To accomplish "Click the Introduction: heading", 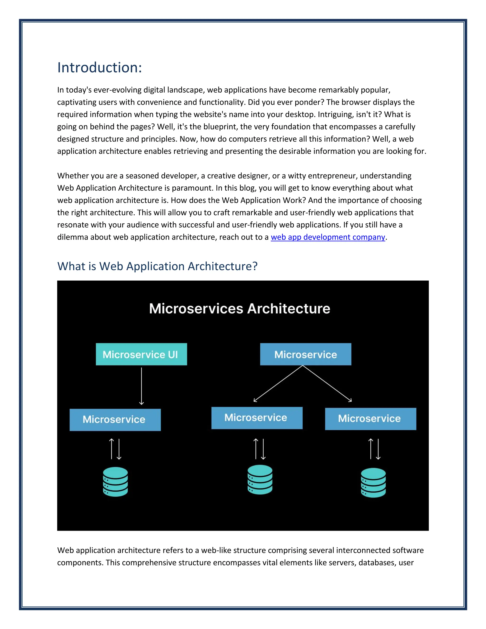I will pos(99,68).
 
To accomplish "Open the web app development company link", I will pos(328,237).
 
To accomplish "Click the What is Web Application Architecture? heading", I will pos(157,266).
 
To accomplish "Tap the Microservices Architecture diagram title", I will pos(239,309).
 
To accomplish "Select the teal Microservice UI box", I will pos(141,354).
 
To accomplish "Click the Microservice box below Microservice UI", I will pos(115,420).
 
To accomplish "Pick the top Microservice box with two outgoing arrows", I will pos(305,354).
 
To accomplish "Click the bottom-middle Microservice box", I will pos(257,418).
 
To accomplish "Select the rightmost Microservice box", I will pos(370,419).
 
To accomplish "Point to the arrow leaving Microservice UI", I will pos(141,386).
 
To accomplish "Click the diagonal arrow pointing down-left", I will pos(278,384).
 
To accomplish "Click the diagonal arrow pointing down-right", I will pos(327,384).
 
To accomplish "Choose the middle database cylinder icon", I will pos(260,479).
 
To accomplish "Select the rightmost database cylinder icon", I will pos(374,483).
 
